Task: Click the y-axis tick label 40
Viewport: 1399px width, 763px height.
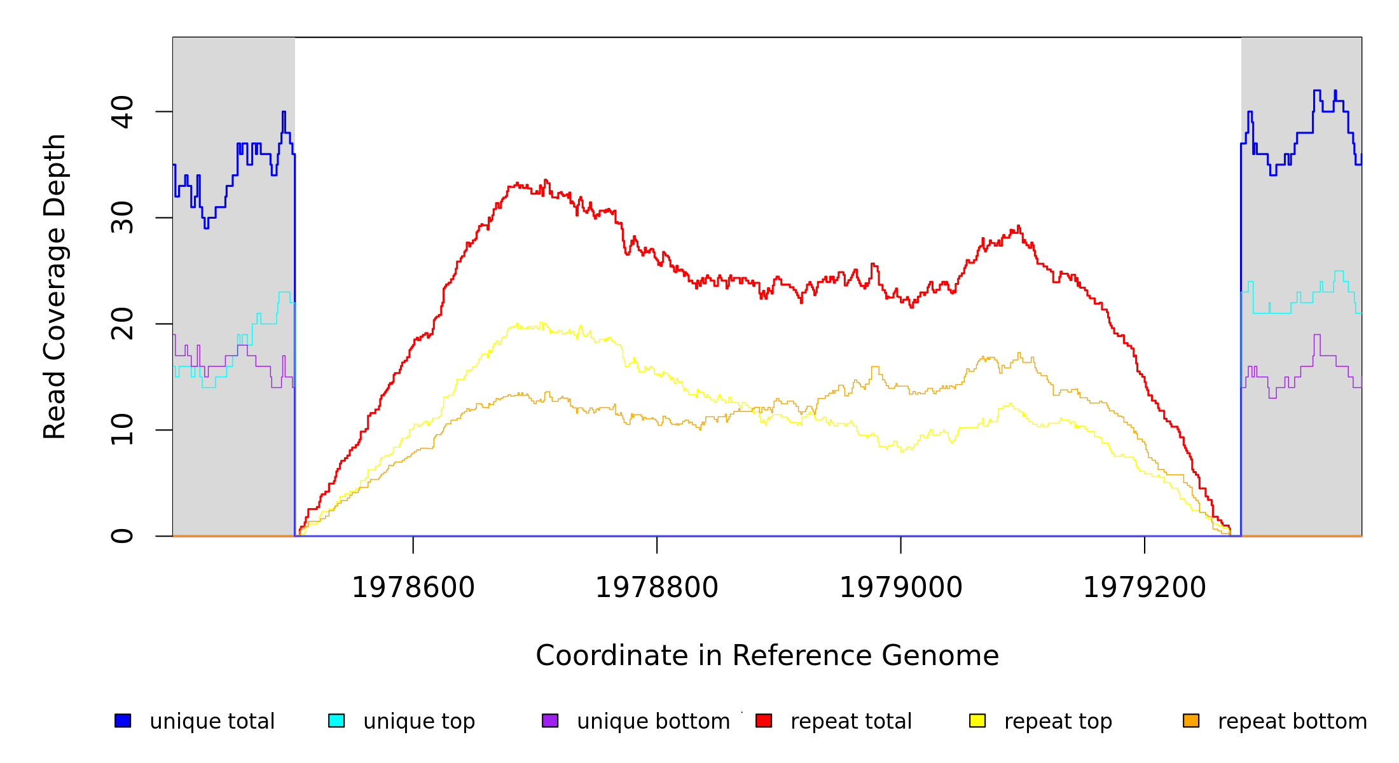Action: (122, 112)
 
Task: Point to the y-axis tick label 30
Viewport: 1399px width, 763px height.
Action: (122, 218)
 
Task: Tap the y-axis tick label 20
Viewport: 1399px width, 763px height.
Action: (122, 324)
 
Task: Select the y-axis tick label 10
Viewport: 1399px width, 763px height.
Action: (122, 430)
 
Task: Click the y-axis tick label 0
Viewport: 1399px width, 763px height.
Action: (122, 536)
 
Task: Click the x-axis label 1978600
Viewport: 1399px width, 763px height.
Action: (413, 588)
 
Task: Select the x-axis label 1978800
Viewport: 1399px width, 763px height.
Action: (657, 588)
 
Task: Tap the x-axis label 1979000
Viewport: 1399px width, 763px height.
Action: (901, 588)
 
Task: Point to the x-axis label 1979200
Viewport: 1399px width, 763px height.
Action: (1145, 588)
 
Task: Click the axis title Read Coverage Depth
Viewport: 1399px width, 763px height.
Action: (55, 286)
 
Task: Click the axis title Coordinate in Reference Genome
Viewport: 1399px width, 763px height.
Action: (767, 656)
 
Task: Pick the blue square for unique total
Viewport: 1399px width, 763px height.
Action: (123, 721)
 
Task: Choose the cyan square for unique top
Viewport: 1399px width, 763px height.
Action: (336, 721)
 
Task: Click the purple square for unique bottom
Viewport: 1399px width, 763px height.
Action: (550, 721)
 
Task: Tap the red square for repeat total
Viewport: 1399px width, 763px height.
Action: (764, 721)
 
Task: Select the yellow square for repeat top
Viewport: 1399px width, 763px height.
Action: (977, 721)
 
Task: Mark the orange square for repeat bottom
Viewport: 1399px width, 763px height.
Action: (1191, 721)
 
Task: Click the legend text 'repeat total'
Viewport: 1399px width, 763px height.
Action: (851, 722)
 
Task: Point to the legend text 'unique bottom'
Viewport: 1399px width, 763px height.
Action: (653, 722)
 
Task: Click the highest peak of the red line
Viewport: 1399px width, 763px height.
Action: (546, 180)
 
